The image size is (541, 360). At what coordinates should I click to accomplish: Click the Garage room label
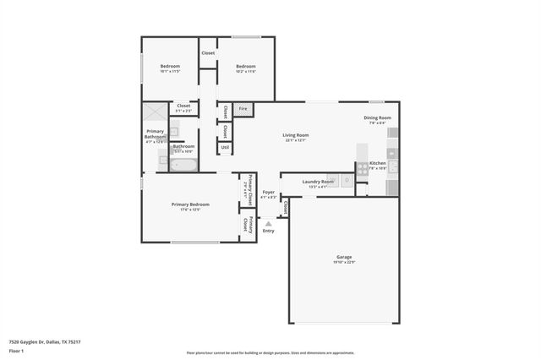343,257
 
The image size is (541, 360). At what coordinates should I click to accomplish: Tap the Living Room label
295,135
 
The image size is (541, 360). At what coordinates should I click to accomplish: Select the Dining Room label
377,118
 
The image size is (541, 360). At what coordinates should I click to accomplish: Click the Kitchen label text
378,163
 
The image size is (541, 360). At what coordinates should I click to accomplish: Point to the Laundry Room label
318,182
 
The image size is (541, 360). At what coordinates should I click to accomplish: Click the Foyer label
269,193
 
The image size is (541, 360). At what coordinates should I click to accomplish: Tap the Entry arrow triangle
269,224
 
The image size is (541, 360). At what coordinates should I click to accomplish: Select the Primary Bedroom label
190,205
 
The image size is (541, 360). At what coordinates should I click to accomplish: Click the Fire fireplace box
243,109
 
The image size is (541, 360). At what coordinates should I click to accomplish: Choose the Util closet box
225,147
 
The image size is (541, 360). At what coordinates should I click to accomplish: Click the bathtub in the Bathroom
183,165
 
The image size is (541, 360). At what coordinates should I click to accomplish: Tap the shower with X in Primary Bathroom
154,112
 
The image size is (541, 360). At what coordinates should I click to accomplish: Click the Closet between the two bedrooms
208,53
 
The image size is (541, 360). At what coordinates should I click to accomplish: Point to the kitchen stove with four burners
362,168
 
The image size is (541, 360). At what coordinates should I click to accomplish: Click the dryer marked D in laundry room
347,180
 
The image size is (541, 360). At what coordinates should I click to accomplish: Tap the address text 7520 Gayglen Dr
44,342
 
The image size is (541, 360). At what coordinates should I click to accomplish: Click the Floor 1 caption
16,352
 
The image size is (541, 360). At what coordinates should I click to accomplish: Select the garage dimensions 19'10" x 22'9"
343,262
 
